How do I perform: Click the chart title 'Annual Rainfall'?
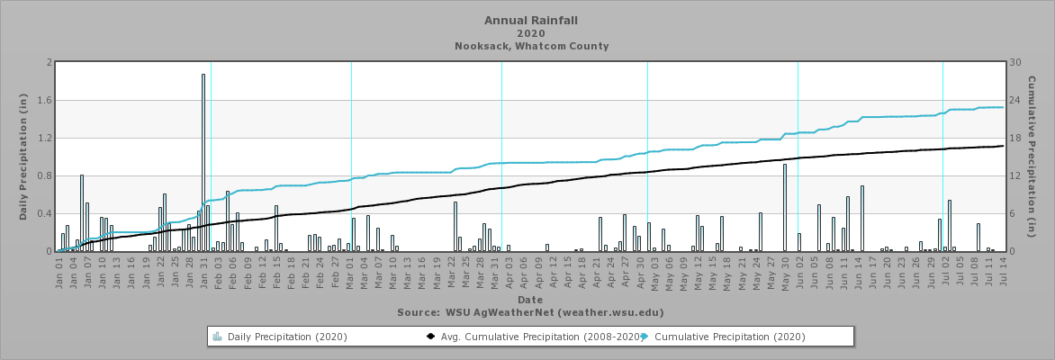531,20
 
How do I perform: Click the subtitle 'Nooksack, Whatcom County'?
531,46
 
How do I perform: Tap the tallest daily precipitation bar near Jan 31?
203,162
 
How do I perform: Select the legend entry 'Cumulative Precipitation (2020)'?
729,337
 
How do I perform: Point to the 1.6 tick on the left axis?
47,101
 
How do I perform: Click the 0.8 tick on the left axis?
47,176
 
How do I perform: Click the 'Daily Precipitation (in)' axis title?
23,157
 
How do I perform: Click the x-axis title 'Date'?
529,300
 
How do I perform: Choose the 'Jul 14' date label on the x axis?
1001,271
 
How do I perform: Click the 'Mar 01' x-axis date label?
349,271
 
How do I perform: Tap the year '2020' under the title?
531,33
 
